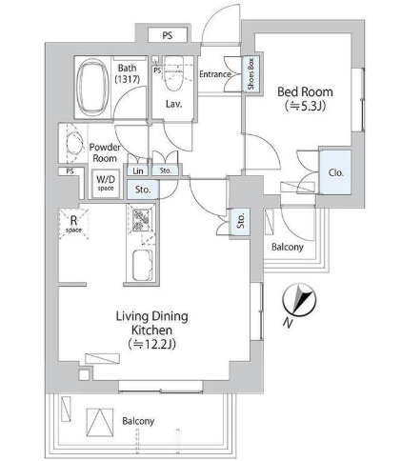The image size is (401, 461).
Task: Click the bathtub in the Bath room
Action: (92, 88)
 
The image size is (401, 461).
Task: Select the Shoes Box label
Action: (252, 73)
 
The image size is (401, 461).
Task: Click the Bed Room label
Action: (305, 91)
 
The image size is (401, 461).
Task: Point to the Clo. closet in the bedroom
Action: (335, 172)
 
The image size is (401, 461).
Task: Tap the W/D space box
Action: (106, 183)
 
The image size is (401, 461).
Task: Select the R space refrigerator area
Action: (73, 224)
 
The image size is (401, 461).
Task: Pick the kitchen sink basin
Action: (142, 265)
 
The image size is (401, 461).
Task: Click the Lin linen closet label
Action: (138, 170)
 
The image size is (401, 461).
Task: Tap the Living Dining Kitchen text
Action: (151, 323)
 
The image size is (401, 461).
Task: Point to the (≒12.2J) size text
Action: (152, 344)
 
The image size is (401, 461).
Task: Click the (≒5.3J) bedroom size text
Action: (305, 106)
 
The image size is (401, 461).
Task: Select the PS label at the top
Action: (168, 35)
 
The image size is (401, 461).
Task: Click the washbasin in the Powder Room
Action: (74, 143)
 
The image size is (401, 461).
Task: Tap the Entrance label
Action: (215, 74)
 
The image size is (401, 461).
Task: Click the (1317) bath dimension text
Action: (128, 79)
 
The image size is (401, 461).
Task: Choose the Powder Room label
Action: (105, 152)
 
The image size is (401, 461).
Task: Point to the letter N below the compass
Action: (288, 323)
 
